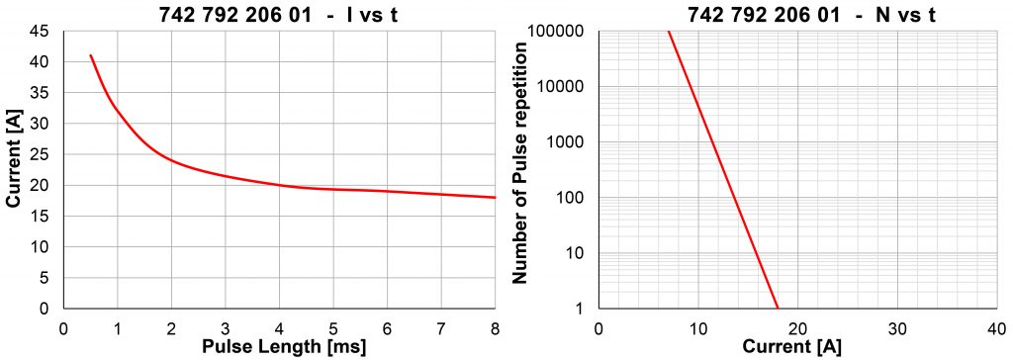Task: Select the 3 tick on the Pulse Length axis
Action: [226, 327]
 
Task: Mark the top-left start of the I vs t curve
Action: [91, 55]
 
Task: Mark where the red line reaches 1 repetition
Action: [778, 308]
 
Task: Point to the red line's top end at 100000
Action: [668, 32]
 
